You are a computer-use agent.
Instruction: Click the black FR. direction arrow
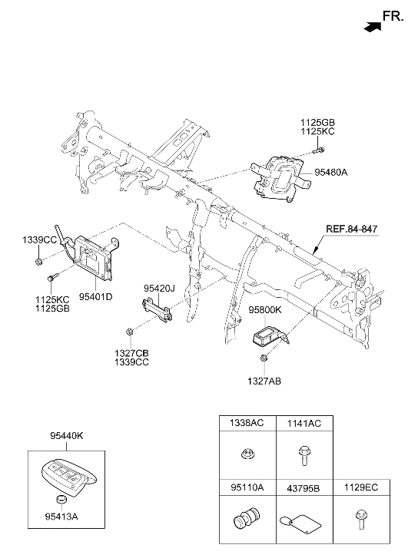[x=373, y=27]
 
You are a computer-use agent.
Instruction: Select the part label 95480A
[x=330, y=173]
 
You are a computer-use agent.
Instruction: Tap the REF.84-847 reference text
[x=351, y=229]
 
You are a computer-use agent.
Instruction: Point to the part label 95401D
[x=95, y=296]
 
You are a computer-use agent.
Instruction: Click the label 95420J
[x=159, y=288]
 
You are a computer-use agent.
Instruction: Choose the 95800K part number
[x=265, y=310]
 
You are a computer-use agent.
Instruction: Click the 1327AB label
[x=264, y=381]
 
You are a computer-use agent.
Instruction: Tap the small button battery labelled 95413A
[x=62, y=499]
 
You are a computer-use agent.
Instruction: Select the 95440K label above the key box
[x=67, y=436]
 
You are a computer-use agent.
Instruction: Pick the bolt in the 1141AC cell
[x=303, y=456]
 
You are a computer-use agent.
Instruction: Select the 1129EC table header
[x=361, y=487]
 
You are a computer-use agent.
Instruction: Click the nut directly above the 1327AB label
[x=264, y=358]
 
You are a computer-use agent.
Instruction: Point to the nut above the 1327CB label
[x=129, y=332]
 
